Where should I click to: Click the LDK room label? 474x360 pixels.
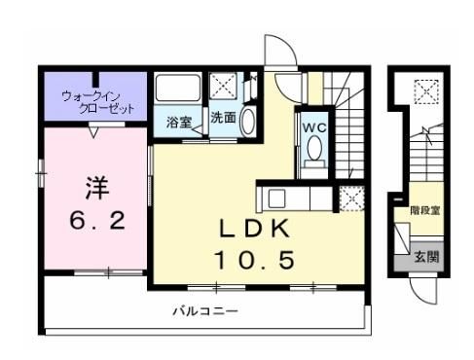[254, 229]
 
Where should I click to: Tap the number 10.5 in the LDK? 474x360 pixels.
[255, 260]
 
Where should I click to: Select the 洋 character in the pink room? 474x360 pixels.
[97, 188]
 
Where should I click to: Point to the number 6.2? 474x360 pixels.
[97, 221]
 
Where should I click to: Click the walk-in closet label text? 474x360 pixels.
[98, 102]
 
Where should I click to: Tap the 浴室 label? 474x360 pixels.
[179, 123]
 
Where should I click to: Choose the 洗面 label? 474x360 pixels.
[223, 118]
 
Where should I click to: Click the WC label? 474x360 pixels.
[314, 127]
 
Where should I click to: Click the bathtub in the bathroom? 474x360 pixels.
[177, 88]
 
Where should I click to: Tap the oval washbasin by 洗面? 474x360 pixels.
[248, 121]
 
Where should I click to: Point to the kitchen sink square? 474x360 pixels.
[276, 198]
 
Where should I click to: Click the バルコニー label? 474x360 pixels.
[205, 311]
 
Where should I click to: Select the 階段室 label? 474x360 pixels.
[425, 211]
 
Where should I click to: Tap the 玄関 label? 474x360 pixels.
[426, 257]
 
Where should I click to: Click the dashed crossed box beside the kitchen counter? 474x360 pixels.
[351, 198]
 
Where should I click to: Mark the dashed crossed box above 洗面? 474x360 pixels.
[223, 86]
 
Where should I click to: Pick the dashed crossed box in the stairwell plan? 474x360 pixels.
[426, 91]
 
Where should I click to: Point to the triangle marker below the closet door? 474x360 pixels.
[93, 132]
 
